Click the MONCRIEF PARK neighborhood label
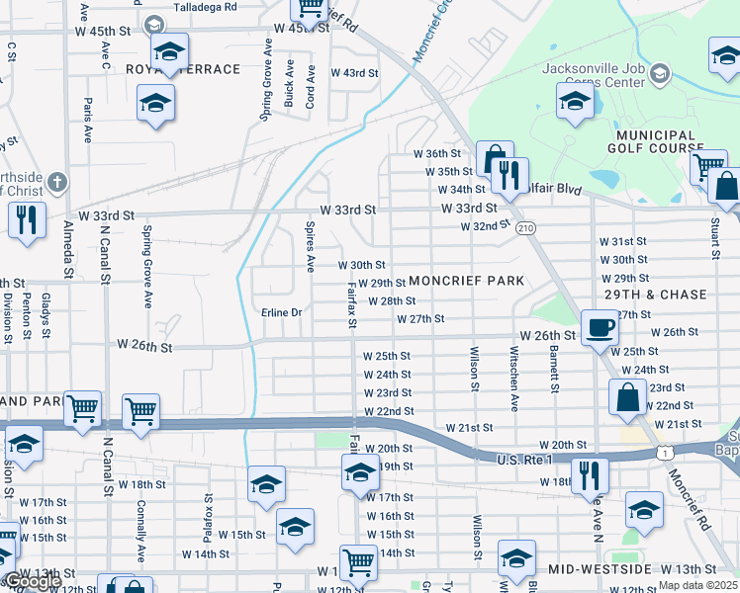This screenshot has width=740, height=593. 466,281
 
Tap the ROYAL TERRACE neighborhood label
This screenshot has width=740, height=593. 184,69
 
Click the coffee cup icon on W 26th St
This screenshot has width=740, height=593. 599,327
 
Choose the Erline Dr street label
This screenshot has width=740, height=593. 281,313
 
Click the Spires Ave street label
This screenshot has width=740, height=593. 310,248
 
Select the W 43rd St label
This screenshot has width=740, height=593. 354,73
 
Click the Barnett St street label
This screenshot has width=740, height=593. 555,375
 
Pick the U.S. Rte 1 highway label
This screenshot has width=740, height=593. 523,460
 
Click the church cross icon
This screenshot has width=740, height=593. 58,183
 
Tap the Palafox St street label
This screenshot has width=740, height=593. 207,517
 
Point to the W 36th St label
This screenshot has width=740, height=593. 437,154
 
